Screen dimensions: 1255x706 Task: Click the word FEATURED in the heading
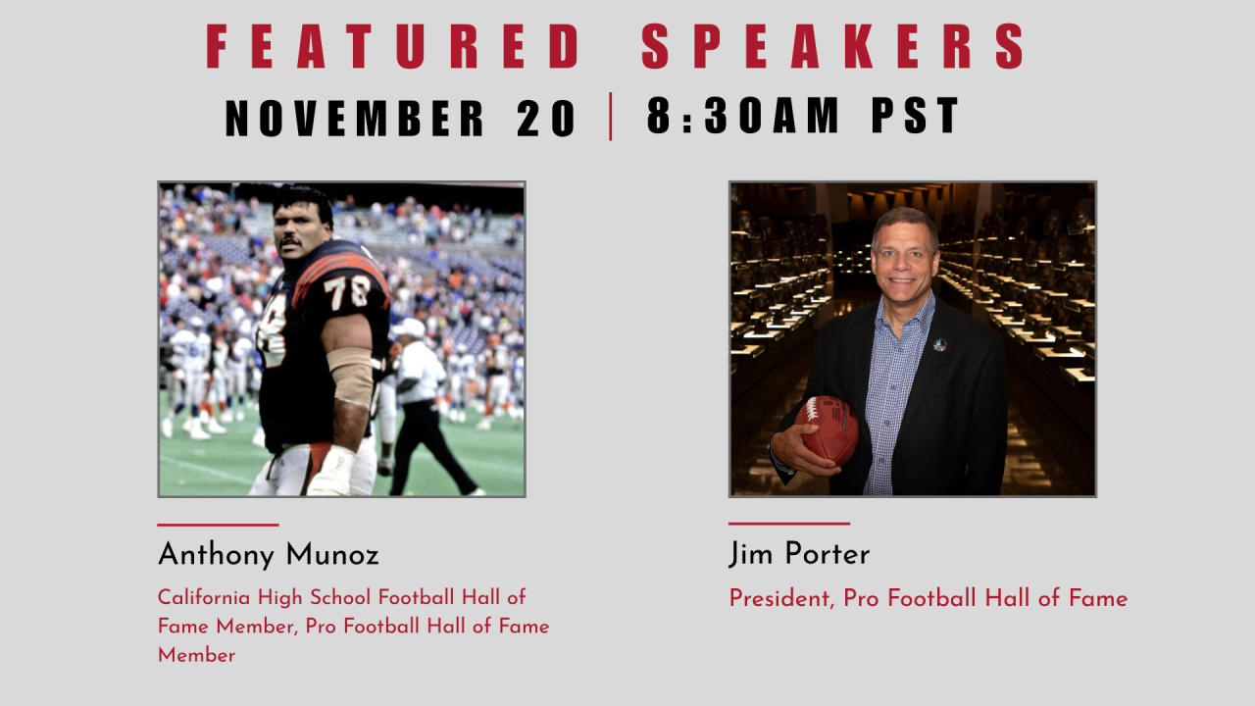pyautogui.click(x=393, y=46)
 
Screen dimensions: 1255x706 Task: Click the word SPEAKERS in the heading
pyautogui.click(x=833, y=46)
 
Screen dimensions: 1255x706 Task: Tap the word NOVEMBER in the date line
pyautogui.click(x=354, y=119)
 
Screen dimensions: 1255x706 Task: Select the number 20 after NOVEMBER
pyautogui.click(x=546, y=119)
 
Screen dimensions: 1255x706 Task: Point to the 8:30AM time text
pyautogui.click(x=743, y=115)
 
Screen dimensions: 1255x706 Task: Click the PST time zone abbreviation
pyautogui.click(x=915, y=115)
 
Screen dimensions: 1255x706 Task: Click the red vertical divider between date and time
pyautogui.click(x=610, y=117)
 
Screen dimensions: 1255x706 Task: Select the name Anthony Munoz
pyautogui.click(x=269, y=555)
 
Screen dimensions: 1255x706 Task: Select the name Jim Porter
pyautogui.click(x=799, y=554)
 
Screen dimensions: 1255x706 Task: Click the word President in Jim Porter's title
pyautogui.click(x=779, y=598)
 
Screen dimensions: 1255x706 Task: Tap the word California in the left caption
pyautogui.click(x=204, y=597)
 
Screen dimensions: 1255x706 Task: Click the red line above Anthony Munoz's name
pyautogui.click(x=218, y=525)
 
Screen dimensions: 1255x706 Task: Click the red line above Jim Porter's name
pyautogui.click(x=789, y=524)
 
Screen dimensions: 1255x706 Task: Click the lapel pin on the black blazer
pyautogui.click(x=939, y=344)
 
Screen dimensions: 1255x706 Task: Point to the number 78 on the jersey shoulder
pyautogui.click(x=347, y=292)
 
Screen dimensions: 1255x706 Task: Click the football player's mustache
pyautogui.click(x=289, y=242)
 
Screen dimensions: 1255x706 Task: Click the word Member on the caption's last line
pyautogui.click(x=197, y=656)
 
